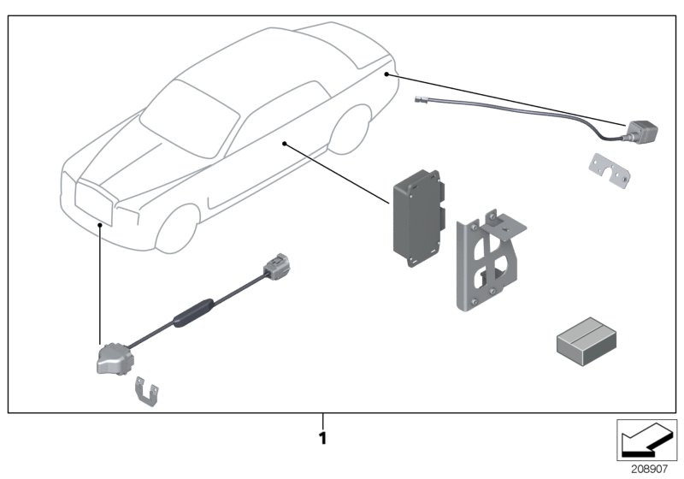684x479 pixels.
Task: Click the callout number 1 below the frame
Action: (321, 437)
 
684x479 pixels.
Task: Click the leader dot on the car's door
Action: (283, 145)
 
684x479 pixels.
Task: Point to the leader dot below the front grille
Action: (100, 223)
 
